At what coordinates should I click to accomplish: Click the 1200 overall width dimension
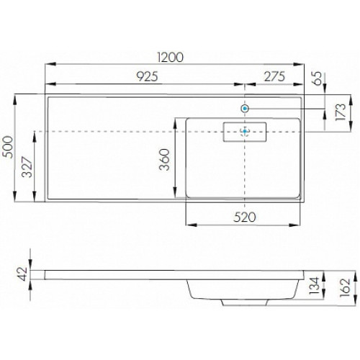[x=171, y=57]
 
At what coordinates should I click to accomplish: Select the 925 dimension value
[x=147, y=76]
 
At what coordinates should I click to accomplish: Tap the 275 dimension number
[x=274, y=76]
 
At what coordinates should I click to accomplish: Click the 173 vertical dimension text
[x=341, y=112]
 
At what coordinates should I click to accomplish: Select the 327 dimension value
[x=27, y=167]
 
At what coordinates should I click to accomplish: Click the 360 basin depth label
[x=165, y=160]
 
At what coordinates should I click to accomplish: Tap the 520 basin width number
[x=245, y=217]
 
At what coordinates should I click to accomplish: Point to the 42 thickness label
[x=23, y=274]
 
